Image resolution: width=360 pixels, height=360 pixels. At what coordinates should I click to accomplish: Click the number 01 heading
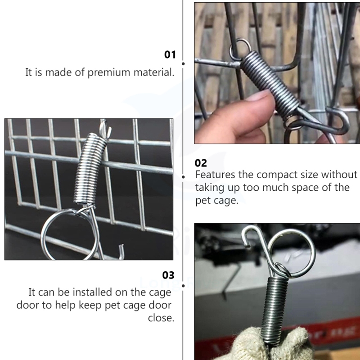170,54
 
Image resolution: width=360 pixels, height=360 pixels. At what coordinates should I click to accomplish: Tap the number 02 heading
201,163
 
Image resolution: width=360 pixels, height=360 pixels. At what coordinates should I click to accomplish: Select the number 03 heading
168,275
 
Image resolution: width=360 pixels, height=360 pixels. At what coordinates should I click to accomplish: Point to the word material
154,72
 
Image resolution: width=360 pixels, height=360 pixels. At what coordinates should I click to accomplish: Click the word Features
215,175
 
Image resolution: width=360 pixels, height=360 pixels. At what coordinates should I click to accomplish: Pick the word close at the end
161,318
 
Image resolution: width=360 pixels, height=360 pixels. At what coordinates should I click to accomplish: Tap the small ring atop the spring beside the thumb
240,49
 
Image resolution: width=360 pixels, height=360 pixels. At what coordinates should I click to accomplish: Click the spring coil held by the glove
274,310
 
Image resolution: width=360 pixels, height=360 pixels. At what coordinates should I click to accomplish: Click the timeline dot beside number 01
183,63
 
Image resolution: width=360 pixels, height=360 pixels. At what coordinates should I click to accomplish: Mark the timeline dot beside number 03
183,286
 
